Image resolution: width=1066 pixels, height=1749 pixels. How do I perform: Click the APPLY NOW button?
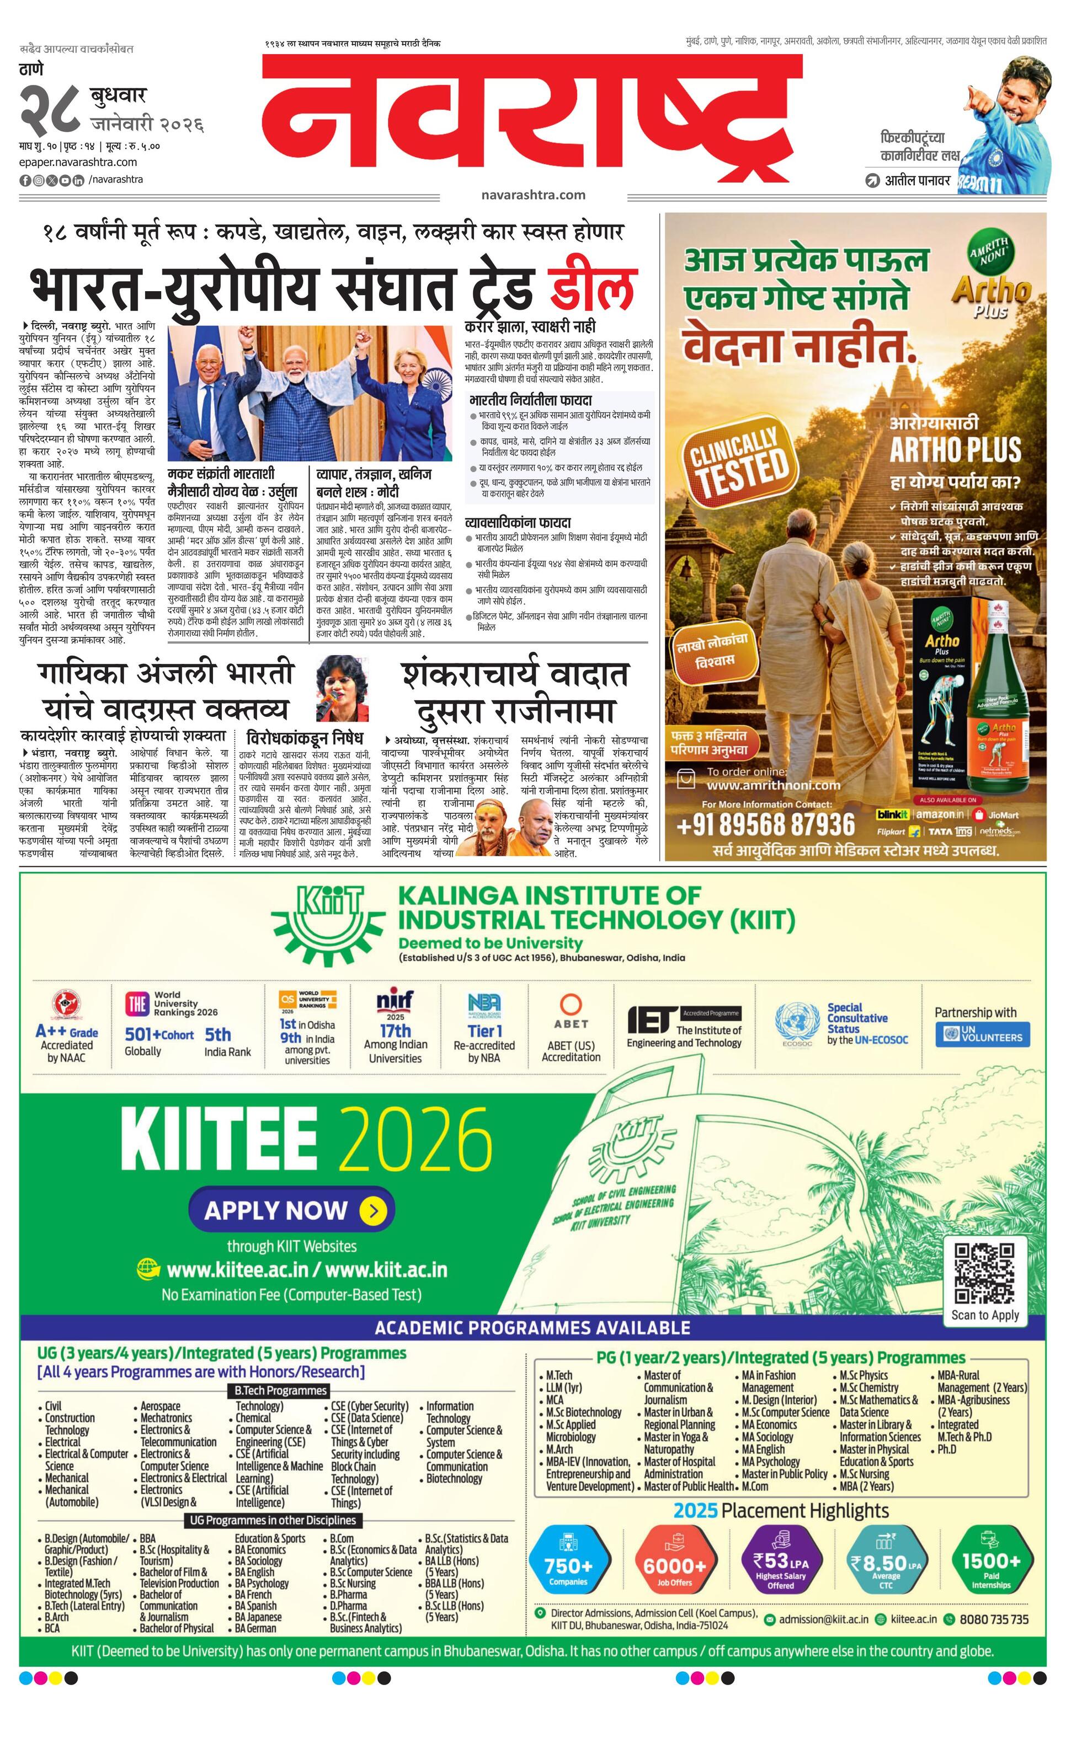(291, 1210)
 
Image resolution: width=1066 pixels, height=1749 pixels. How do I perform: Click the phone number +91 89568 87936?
(766, 825)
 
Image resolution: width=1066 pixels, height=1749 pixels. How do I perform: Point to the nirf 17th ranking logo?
(395, 1026)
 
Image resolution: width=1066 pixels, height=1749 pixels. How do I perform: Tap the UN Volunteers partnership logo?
(982, 1035)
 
